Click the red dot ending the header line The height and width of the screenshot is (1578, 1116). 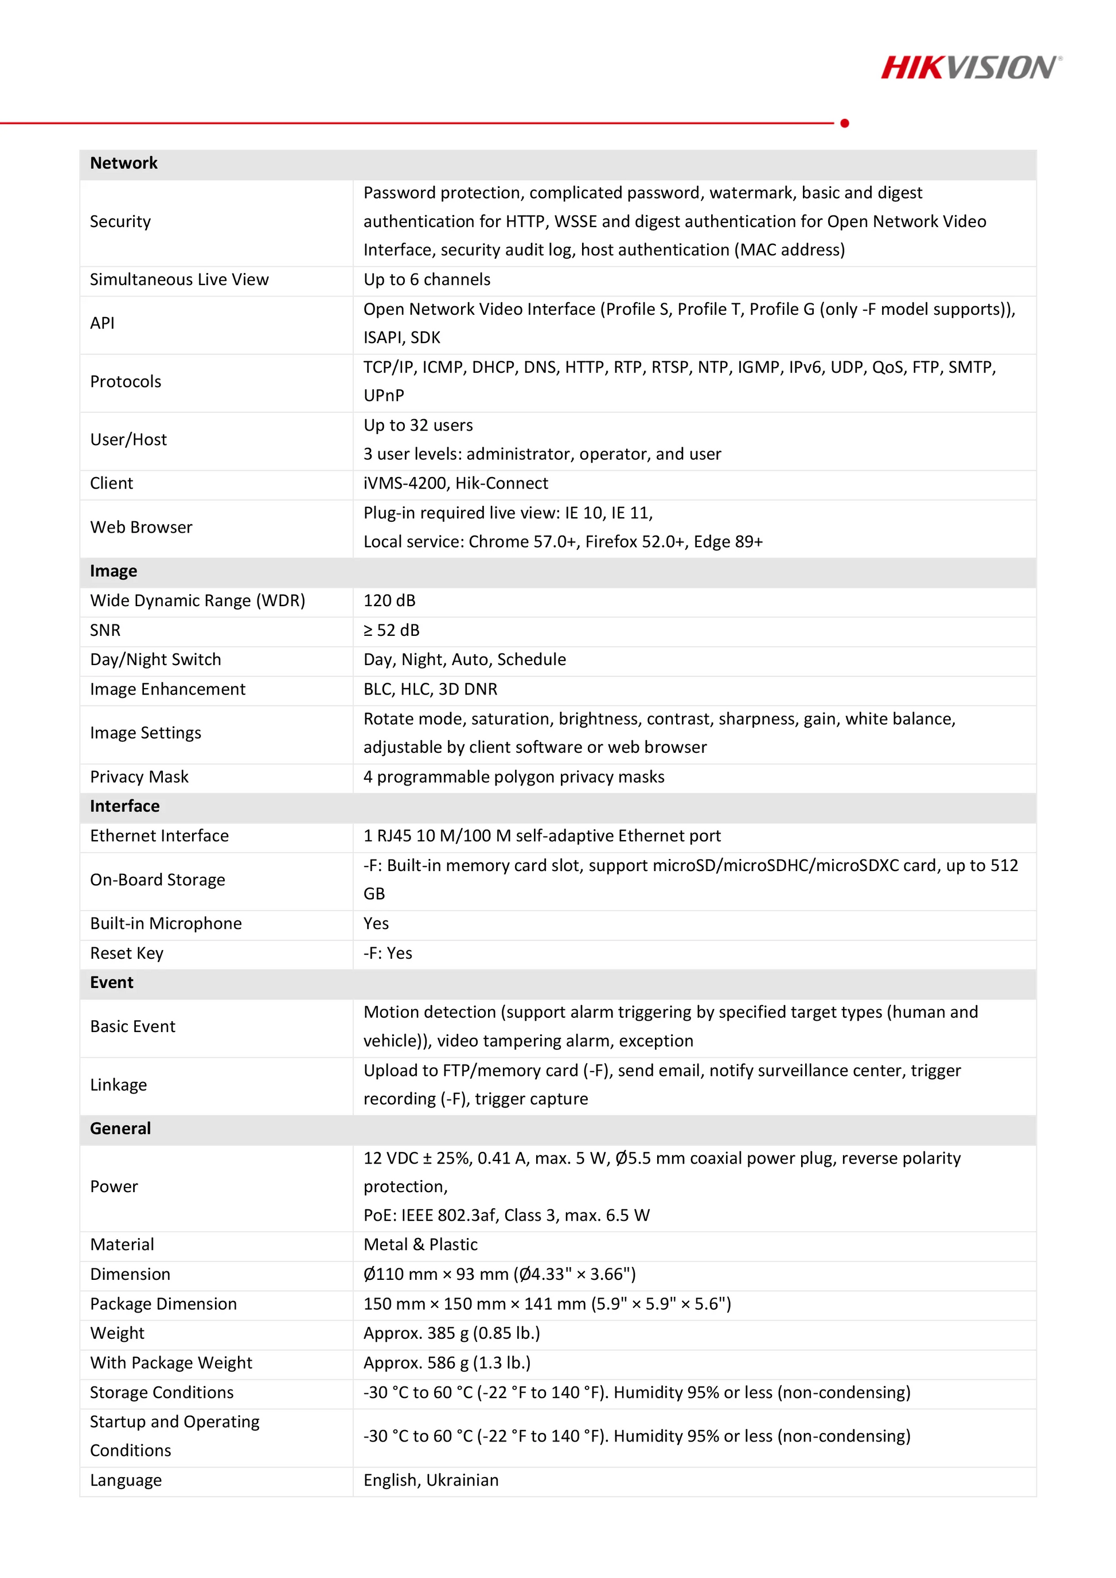(x=845, y=123)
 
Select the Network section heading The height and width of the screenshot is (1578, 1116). (x=124, y=163)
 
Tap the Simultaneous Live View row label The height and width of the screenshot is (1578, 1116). (x=180, y=280)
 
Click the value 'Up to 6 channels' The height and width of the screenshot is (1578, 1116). (x=427, y=280)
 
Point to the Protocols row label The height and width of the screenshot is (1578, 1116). (x=126, y=382)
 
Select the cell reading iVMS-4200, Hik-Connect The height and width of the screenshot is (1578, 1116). (x=455, y=484)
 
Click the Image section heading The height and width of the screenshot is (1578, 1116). (x=114, y=571)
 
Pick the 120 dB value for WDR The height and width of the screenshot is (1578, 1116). (x=389, y=601)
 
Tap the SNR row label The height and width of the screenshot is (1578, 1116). (x=105, y=630)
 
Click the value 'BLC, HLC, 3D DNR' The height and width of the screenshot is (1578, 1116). (x=430, y=689)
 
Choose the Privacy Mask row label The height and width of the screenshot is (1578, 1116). (x=139, y=778)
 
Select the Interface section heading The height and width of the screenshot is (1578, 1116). (x=124, y=806)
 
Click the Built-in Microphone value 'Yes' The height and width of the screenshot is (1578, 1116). (x=376, y=924)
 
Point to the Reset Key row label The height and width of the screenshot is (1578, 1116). (x=126, y=953)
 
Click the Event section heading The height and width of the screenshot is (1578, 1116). (x=111, y=983)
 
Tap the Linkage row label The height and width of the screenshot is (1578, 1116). (x=118, y=1085)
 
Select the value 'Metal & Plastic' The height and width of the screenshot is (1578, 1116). (x=420, y=1245)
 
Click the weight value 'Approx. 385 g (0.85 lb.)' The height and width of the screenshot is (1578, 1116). (x=451, y=1333)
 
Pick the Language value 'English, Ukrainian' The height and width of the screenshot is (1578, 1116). (x=431, y=1481)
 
